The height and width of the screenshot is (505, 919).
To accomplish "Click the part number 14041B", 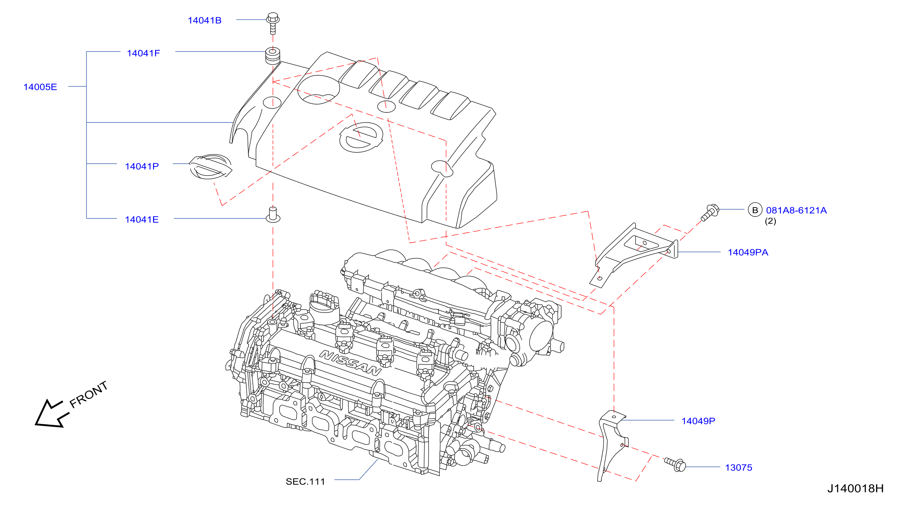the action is (x=204, y=20).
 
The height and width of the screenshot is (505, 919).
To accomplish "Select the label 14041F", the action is (x=144, y=53).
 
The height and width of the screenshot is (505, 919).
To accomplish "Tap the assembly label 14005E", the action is (x=40, y=87).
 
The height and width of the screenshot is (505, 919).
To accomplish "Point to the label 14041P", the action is (x=141, y=166).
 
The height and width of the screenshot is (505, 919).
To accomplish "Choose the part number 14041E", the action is (x=141, y=219).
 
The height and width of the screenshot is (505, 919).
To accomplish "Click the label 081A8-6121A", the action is (x=796, y=210).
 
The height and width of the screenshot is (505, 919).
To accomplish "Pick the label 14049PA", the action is (x=748, y=252).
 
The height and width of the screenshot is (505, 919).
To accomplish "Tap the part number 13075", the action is (x=738, y=468).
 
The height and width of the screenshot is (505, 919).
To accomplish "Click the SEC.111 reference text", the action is (x=305, y=482).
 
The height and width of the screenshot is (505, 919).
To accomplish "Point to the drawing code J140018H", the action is (x=855, y=488).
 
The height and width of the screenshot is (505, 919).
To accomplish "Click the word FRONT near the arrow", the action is (x=88, y=394).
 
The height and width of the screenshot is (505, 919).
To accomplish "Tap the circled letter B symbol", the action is (x=755, y=210).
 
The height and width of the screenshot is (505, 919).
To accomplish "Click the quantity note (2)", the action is (x=770, y=221).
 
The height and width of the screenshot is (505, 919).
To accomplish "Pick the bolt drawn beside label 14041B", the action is (x=273, y=23).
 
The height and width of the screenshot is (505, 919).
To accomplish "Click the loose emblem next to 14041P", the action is (x=211, y=167).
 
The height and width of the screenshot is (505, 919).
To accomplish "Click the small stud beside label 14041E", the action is (x=273, y=214).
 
